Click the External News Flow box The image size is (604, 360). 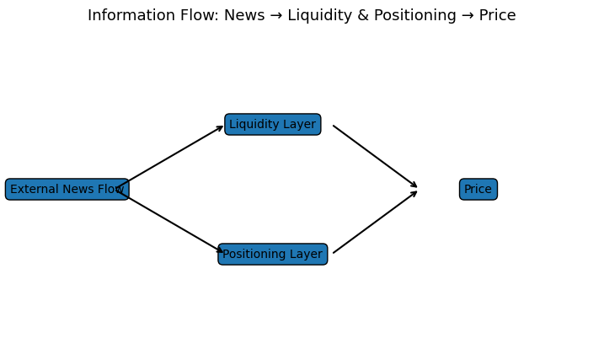point(67,190)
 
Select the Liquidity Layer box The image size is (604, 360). point(272,125)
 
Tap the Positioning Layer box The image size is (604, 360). point(272,255)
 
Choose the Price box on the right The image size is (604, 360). point(478,190)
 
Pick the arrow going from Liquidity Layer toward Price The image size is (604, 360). point(375,157)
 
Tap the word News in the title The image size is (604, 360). point(243,16)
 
